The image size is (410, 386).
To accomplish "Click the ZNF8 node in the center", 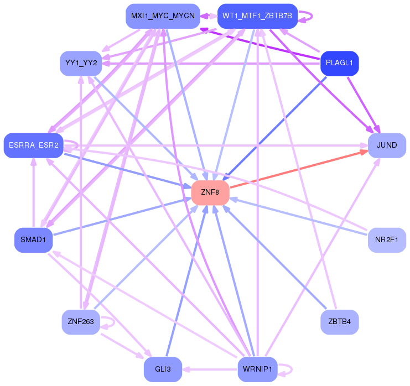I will coord(210,192).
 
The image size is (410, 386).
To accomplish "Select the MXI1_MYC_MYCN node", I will coord(162,16).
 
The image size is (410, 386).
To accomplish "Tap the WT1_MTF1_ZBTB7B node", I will coord(257,16).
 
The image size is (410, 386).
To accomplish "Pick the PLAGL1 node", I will coord(339,63).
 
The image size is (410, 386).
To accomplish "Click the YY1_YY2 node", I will coord(81,63).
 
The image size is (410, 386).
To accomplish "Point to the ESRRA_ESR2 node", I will coord(33,145).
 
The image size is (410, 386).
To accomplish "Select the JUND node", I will coord(387,145).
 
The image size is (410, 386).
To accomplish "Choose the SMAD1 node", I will coord(33,239).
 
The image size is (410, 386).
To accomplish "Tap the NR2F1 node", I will coord(387,239).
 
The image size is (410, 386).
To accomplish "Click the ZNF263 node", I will coord(81,321).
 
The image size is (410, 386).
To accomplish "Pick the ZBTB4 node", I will coord(339,321).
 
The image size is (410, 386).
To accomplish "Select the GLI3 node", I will coord(163,369).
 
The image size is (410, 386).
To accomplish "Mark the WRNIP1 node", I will coord(257,369).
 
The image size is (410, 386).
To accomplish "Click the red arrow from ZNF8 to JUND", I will coord(299,169).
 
